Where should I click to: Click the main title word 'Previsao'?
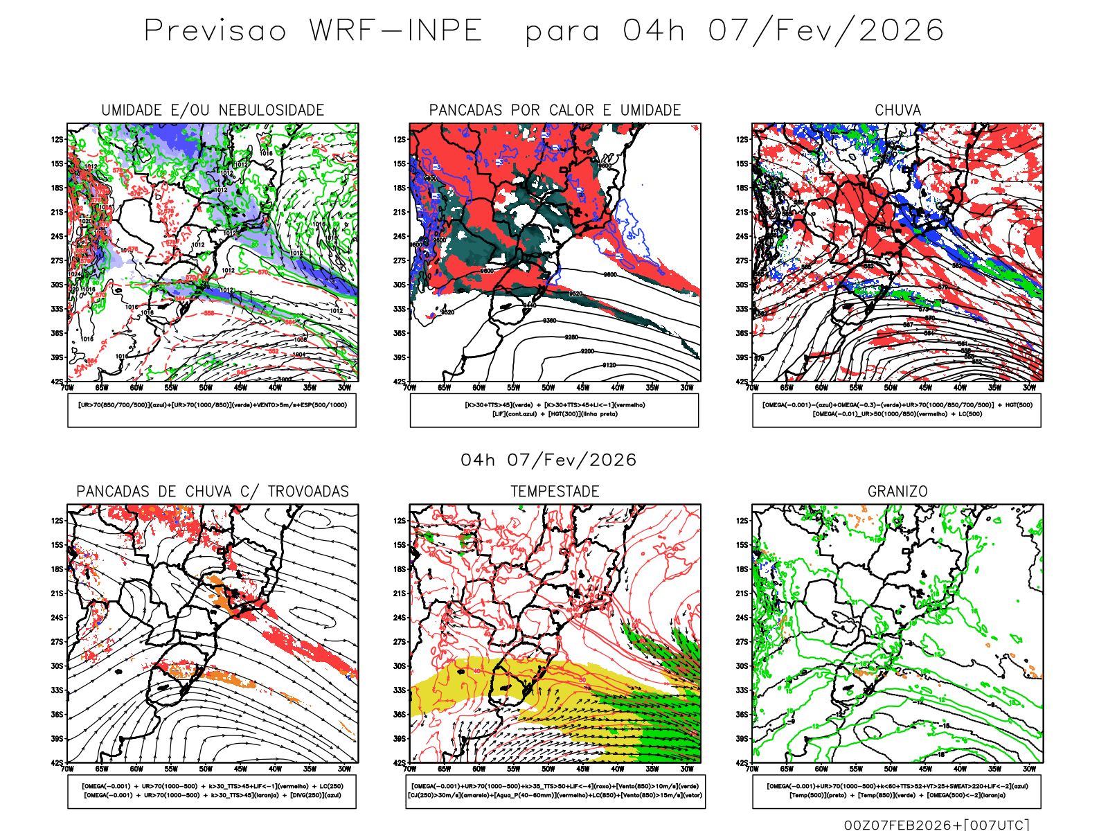pos(215,31)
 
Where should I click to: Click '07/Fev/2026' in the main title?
pos(825,31)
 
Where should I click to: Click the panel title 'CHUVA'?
pos(897,110)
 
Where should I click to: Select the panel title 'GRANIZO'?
pos(897,492)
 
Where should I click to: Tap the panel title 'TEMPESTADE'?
pos(555,492)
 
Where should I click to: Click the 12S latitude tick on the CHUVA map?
pos(742,139)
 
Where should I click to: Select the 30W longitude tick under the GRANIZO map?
pos(1030,769)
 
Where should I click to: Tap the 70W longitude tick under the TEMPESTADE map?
pos(410,769)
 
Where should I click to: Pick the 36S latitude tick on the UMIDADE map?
pos(57,333)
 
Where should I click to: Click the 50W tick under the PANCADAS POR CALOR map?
pos(548,388)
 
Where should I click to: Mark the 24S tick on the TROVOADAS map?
pos(57,618)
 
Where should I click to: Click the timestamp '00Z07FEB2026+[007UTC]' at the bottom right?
pos(936,825)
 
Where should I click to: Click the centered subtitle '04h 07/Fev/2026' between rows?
pos(548,461)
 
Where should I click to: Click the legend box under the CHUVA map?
pos(897,410)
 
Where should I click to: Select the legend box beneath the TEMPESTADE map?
pos(555,791)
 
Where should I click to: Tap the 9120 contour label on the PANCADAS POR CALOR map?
pos(609,365)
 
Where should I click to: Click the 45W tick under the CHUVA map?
pos(925,388)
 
